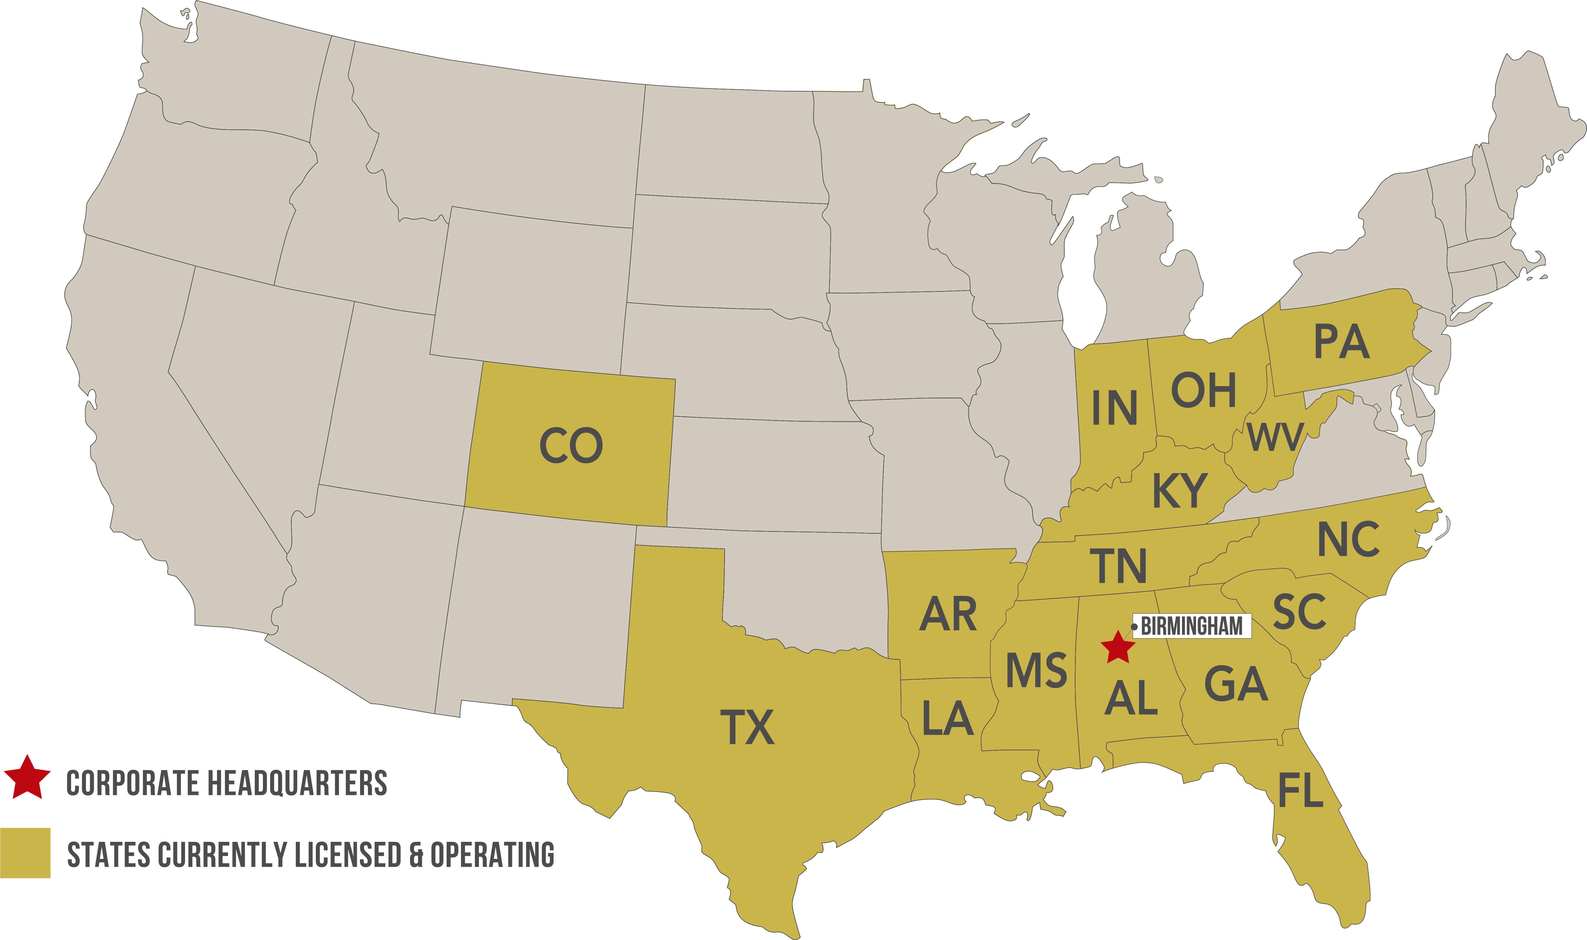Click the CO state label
(571, 445)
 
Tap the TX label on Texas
(748, 727)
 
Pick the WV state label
(1275, 437)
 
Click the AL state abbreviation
(1131, 698)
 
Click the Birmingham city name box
(1191, 626)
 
